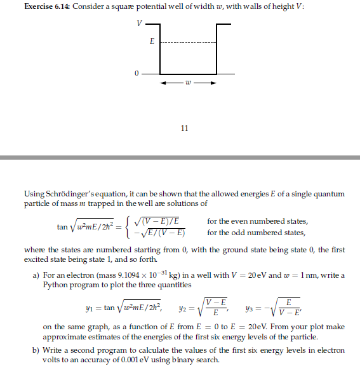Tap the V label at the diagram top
tap(138, 24)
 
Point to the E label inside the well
tap(150, 41)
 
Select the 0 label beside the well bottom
tap(136, 74)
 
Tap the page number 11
tap(184, 128)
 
